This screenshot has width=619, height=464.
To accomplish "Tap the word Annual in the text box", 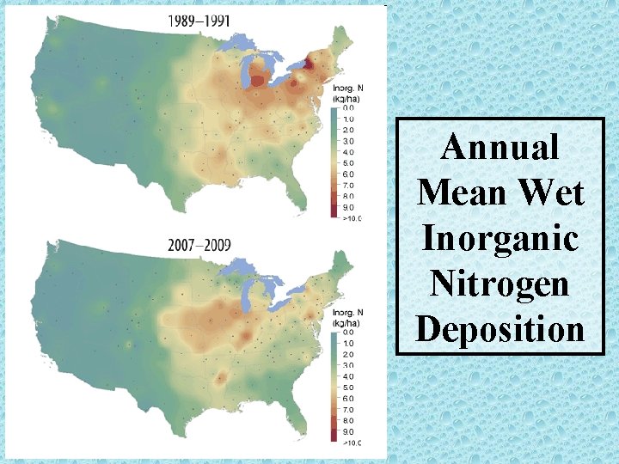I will [499, 147].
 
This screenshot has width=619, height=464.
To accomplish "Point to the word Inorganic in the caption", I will [499, 237].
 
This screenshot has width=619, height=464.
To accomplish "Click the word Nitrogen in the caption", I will [499, 282].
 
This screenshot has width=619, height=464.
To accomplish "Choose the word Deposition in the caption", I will [499, 327].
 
